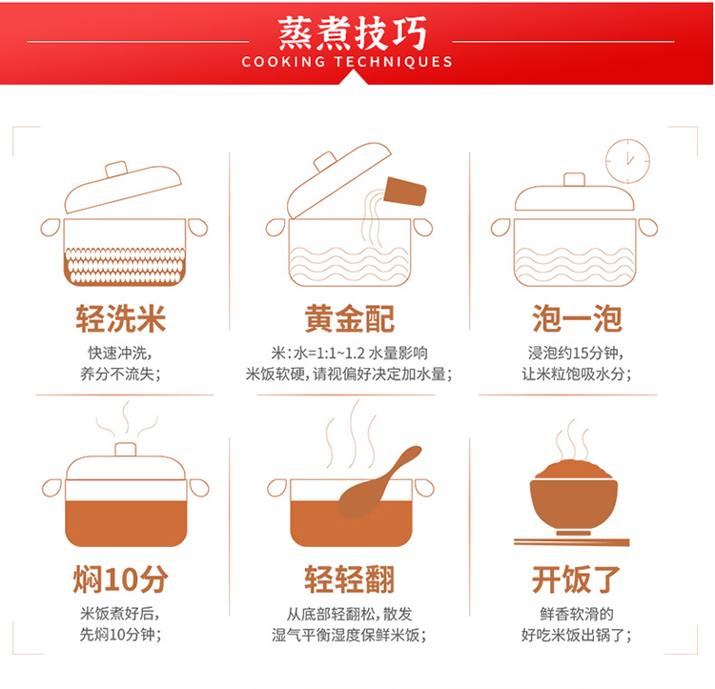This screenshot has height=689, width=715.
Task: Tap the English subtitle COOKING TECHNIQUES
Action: (x=347, y=62)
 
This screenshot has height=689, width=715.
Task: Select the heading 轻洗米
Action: (x=121, y=318)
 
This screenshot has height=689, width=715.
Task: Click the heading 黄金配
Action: (x=349, y=318)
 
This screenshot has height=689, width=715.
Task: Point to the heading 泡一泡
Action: (x=577, y=318)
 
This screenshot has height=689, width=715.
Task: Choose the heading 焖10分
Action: (x=121, y=579)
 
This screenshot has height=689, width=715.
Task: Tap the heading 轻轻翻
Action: (x=349, y=579)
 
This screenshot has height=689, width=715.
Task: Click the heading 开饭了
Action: (x=576, y=579)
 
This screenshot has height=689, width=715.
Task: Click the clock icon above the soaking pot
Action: (x=627, y=161)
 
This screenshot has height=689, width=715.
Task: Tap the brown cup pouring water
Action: (x=405, y=191)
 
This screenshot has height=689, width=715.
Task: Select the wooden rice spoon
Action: (x=378, y=484)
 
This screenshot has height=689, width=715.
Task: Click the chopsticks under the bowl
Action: (x=572, y=542)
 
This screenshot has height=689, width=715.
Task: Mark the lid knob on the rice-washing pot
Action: (x=116, y=169)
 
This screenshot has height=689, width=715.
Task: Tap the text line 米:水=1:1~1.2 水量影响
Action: (x=349, y=354)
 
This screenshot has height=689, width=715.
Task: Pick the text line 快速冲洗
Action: (x=117, y=354)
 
